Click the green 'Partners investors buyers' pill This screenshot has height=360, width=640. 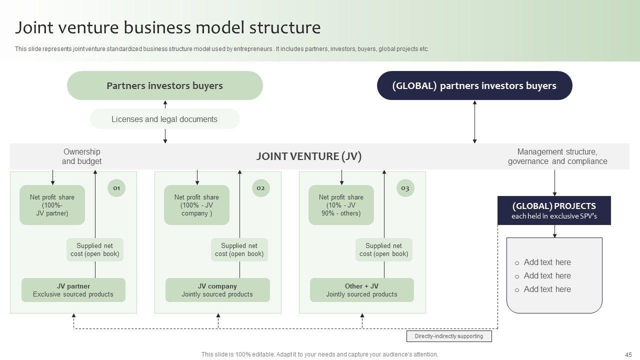click(164, 85)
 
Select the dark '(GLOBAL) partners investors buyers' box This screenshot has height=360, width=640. click(474, 85)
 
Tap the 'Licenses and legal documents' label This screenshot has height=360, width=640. click(164, 119)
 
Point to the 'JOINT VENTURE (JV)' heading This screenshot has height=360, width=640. click(308, 156)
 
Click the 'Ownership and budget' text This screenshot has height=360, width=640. click(81, 156)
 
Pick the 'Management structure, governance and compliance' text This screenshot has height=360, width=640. click(557, 156)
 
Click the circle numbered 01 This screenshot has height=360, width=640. click(116, 188)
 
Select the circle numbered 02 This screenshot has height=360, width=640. click(260, 188)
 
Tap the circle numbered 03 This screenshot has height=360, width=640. click(405, 188)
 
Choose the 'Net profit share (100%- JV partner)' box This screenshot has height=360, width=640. click(52, 205)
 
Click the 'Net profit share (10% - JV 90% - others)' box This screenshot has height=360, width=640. click(341, 205)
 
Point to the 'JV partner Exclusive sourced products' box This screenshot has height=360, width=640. click(73, 290)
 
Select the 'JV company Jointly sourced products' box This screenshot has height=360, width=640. click(217, 290)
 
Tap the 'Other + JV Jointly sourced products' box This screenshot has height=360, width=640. click(361, 290)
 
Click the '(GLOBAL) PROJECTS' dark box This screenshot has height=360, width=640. click(554, 210)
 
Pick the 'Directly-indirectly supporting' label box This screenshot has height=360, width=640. click(449, 336)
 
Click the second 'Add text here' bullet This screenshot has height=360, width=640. click(547, 275)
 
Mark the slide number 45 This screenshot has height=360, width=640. click(628, 354)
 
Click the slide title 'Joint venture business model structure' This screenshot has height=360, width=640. click(167, 27)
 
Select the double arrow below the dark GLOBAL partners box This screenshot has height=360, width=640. click(474, 122)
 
